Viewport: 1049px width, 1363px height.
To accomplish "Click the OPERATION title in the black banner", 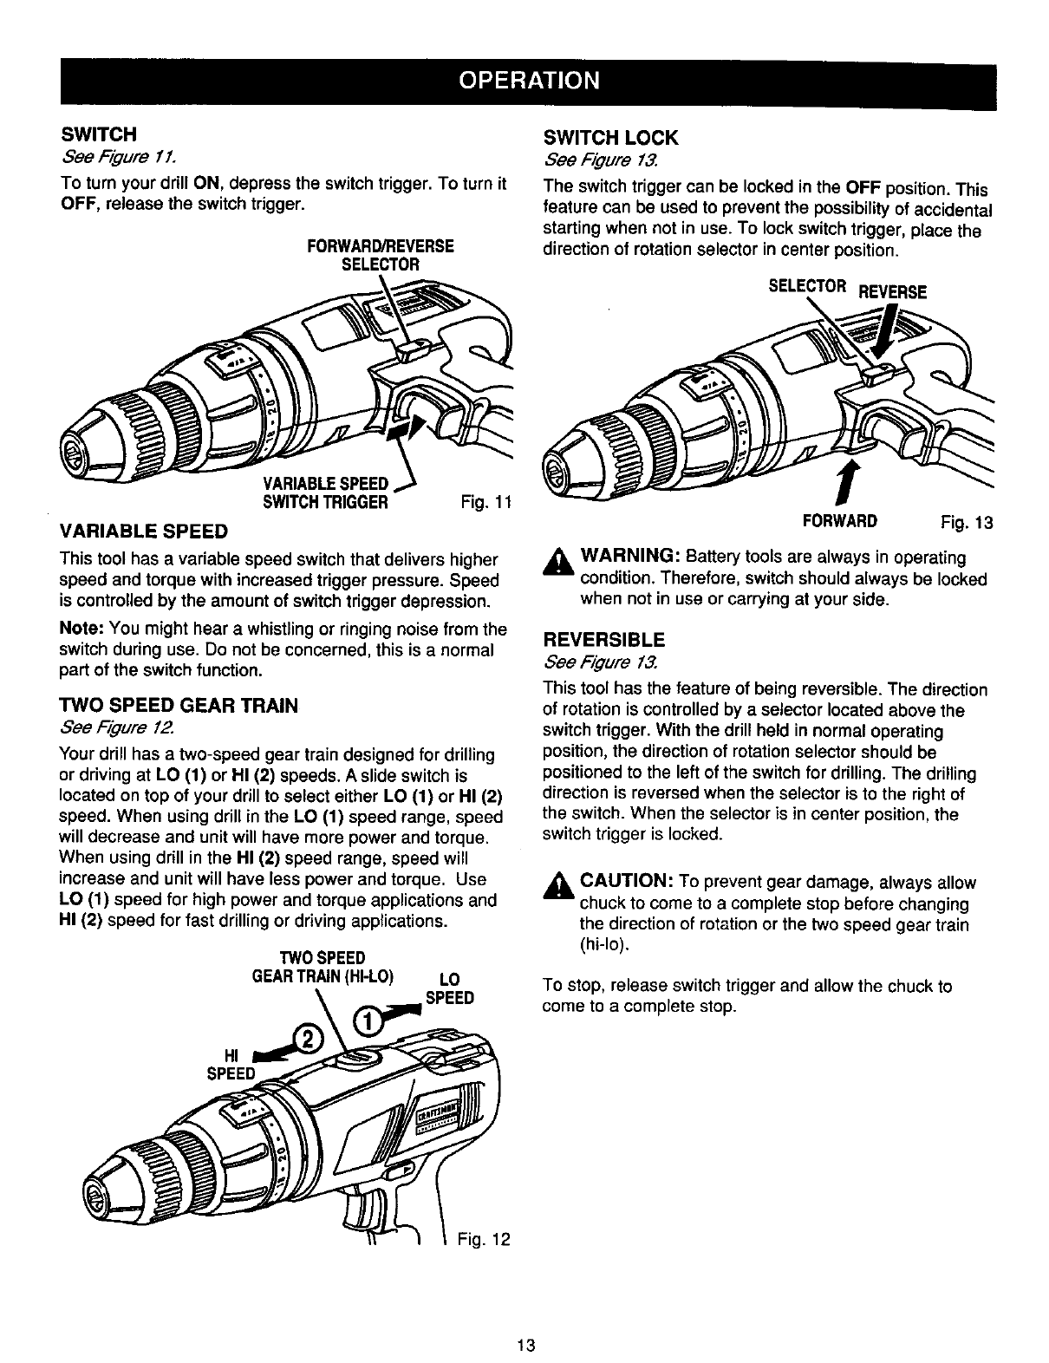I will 528,81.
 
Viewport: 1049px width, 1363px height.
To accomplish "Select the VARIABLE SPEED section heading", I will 143,530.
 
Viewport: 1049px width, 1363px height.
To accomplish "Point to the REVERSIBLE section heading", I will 603,640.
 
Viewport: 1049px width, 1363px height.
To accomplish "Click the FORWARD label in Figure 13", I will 840,520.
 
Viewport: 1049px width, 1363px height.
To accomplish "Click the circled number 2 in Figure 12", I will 307,1034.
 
